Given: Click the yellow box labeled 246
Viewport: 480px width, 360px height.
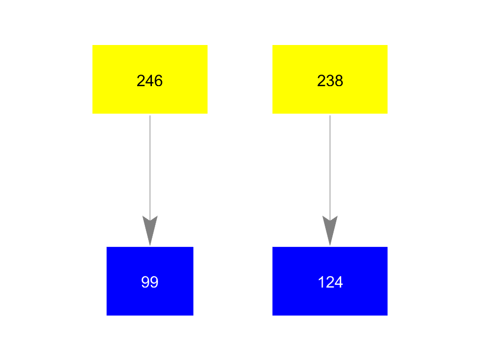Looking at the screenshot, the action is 150,79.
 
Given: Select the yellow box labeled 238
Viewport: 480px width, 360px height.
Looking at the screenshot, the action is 330,79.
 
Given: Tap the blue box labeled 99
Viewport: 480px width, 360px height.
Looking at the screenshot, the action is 150,281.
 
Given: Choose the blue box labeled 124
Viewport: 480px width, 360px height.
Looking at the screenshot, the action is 330,281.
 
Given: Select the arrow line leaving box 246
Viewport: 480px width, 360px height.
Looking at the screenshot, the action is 150,181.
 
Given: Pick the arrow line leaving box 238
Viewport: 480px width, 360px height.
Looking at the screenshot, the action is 330,181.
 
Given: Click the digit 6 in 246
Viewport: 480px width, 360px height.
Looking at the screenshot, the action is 159,81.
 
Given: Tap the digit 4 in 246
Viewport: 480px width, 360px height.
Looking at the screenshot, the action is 150,81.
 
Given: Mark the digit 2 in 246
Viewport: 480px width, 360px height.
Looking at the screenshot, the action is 141,81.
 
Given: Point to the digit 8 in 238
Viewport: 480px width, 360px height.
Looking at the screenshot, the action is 339,81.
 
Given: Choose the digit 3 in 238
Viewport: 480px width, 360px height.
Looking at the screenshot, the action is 330,81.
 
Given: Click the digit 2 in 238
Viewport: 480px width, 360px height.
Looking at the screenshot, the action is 321,81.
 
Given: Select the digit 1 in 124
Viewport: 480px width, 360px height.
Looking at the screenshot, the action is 321,282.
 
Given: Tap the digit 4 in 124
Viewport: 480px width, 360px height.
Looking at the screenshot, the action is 339,282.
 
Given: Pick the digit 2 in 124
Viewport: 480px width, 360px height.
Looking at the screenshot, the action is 330,282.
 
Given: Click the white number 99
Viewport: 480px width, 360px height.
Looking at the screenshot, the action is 150,282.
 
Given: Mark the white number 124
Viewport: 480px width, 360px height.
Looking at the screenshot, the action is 330,282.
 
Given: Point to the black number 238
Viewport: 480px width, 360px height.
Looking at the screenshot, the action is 330,81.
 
